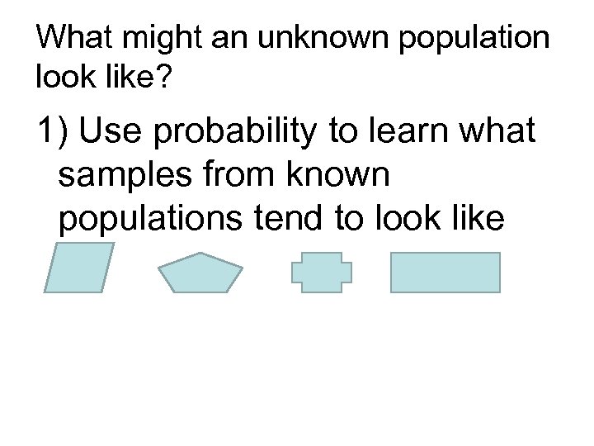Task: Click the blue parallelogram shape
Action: [x=78, y=268]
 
